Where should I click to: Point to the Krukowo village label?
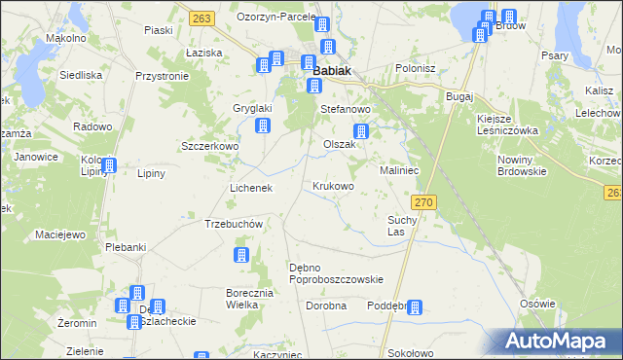(x=333, y=186)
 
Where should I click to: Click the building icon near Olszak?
(x=361, y=132)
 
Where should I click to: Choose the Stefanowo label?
(x=348, y=110)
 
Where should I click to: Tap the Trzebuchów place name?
(x=235, y=224)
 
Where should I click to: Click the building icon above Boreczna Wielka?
(x=240, y=256)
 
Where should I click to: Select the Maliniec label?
(x=399, y=169)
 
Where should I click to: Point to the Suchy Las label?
(x=402, y=226)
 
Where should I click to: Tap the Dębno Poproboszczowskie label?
(x=336, y=273)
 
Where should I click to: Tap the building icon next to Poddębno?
(x=415, y=308)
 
